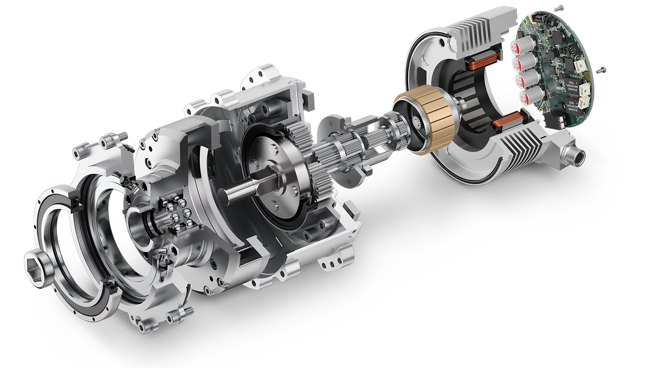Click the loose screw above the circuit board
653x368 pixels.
click(559, 7)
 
